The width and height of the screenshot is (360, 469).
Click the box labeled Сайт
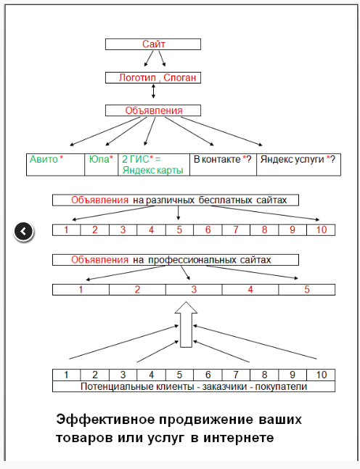pos(153,44)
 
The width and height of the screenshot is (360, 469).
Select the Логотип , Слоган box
pos(153,78)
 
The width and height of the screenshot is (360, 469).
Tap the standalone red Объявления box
pos(153,110)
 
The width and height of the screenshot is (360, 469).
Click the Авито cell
pos(56,165)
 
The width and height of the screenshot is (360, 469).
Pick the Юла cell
pos(102,165)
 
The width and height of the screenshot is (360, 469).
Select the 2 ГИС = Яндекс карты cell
pos(154,165)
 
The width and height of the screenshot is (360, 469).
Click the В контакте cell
pos(223,165)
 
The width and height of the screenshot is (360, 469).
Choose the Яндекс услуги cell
pos(299,165)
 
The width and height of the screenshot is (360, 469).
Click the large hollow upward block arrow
pos(186,325)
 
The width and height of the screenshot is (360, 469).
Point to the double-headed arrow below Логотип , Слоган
pos(153,91)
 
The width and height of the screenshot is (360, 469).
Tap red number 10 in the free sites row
pos(322,229)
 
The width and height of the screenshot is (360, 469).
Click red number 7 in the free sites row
pos(236,229)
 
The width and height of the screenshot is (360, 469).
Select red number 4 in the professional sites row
pos(250,290)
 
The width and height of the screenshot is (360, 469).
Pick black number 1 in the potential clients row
pos(66,375)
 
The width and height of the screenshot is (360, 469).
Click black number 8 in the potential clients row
pos(264,375)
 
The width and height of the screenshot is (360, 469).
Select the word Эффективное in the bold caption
pos(107,420)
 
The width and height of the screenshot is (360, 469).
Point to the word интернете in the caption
pos(239,439)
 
